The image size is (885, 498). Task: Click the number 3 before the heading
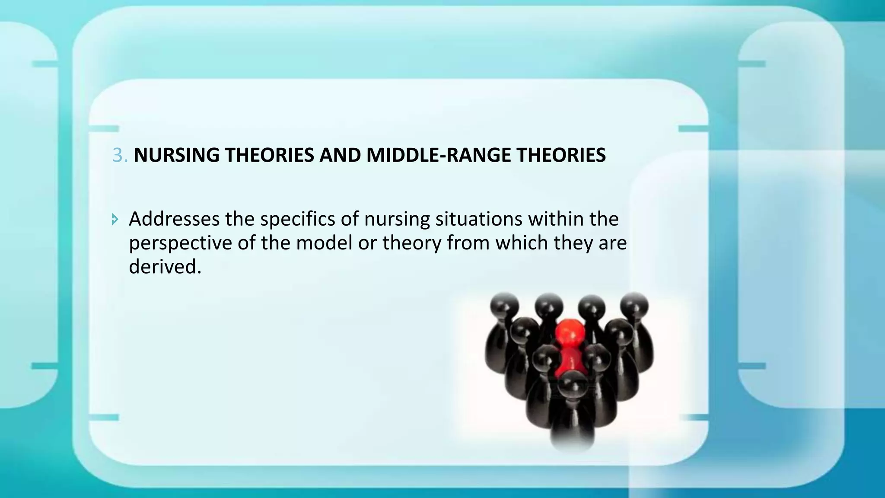pyautogui.click(x=117, y=155)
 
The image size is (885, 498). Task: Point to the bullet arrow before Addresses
pyautogui.click(x=115, y=220)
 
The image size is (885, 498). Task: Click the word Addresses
pyautogui.click(x=174, y=219)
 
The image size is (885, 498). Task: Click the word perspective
pyautogui.click(x=180, y=243)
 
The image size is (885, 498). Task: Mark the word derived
pyautogui.click(x=165, y=267)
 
